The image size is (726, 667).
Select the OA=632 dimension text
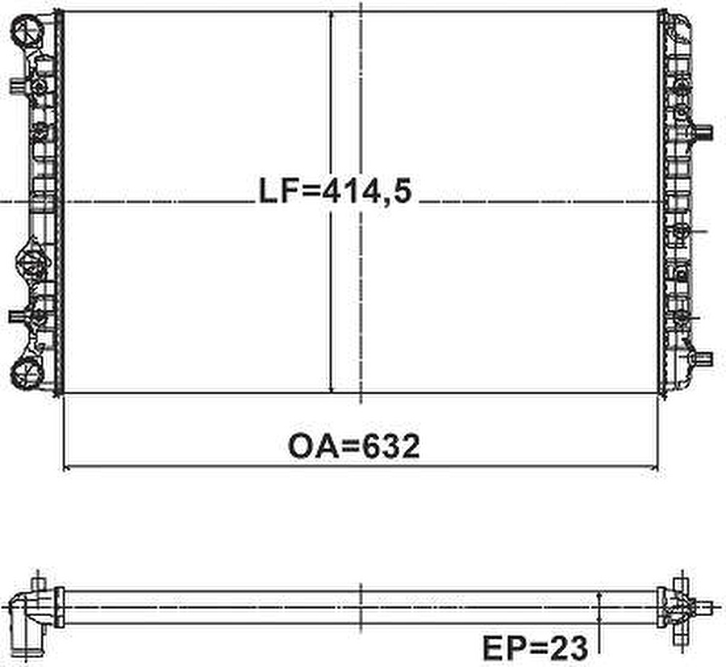pos(354,447)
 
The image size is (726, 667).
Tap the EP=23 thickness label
pos(536,648)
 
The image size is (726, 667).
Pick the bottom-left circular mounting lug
pos(27,374)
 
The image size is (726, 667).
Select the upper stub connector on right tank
pos(703,132)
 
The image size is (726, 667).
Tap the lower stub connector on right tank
pos(703,359)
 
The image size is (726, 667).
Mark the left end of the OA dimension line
pos(64,466)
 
